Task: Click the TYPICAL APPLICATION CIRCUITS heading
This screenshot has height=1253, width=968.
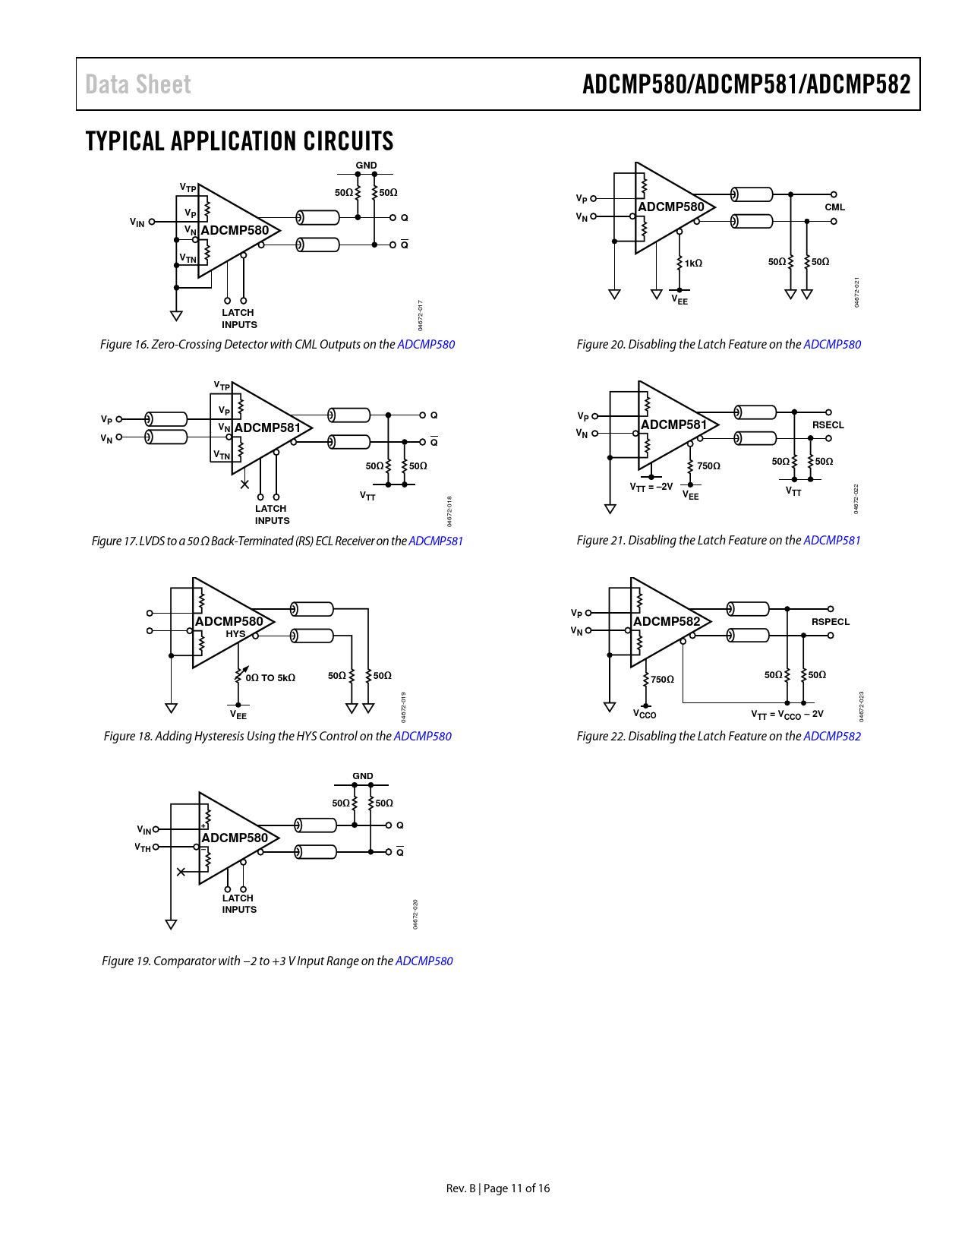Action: pyautogui.click(x=239, y=141)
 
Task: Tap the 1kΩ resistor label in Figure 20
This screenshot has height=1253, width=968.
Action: pyautogui.click(x=693, y=263)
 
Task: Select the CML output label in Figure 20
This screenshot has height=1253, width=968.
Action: pyautogui.click(x=834, y=207)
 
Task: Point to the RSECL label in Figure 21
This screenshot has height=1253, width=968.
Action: pyautogui.click(x=828, y=425)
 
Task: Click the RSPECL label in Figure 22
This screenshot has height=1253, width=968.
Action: pyautogui.click(x=831, y=622)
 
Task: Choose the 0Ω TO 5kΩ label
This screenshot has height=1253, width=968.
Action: pyautogui.click(x=270, y=677)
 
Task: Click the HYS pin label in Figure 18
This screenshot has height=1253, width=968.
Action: pyautogui.click(x=235, y=633)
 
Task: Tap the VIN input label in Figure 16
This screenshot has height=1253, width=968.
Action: pyautogui.click(x=137, y=222)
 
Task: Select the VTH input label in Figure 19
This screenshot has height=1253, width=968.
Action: pyautogui.click(x=143, y=847)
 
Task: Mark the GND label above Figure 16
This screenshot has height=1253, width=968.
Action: pyautogui.click(x=366, y=166)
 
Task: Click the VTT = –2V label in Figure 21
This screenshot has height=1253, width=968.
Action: pyautogui.click(x=651, y=487)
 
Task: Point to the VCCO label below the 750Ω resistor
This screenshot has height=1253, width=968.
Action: pyautogui.click(x=645, y=714)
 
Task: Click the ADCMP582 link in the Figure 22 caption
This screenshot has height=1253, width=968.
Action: pyautogui.click(x=832, y=736)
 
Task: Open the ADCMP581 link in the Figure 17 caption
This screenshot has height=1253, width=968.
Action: pyautogui.click(x=436, y=541)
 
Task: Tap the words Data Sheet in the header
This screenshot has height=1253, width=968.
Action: pyautogui.click(x=137, y=84)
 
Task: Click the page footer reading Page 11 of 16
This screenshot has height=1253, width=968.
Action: pyautogui.click(x=516, y=1188)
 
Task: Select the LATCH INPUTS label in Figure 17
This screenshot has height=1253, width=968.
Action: pyautogui.click(x=272, y=514)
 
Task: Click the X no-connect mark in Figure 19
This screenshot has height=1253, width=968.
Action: pyautogui.click(x=181, y=872)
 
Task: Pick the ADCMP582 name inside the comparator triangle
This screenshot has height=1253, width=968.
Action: pyautogui.click(x=667, y=621)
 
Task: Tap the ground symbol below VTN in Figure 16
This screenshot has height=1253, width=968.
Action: pyautogui.click(x=176, y=315)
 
